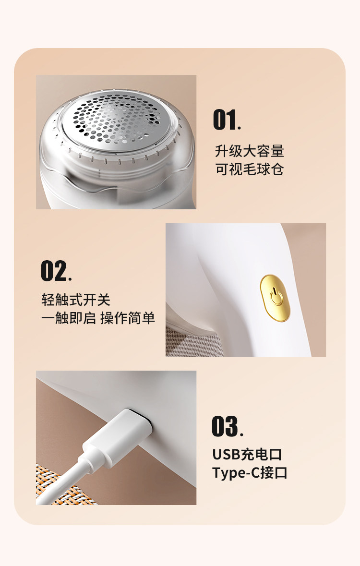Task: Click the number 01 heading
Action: [227, 120]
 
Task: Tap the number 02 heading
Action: [56, 271]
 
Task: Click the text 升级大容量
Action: [250, 151]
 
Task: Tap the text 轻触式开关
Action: [76, 300]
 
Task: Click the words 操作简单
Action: [128, 318]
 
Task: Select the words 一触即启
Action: [68, 318]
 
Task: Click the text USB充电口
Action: [247, 455]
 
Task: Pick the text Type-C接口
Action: [250, 473]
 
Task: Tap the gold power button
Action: [275, 298]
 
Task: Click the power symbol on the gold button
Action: [276, 297]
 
